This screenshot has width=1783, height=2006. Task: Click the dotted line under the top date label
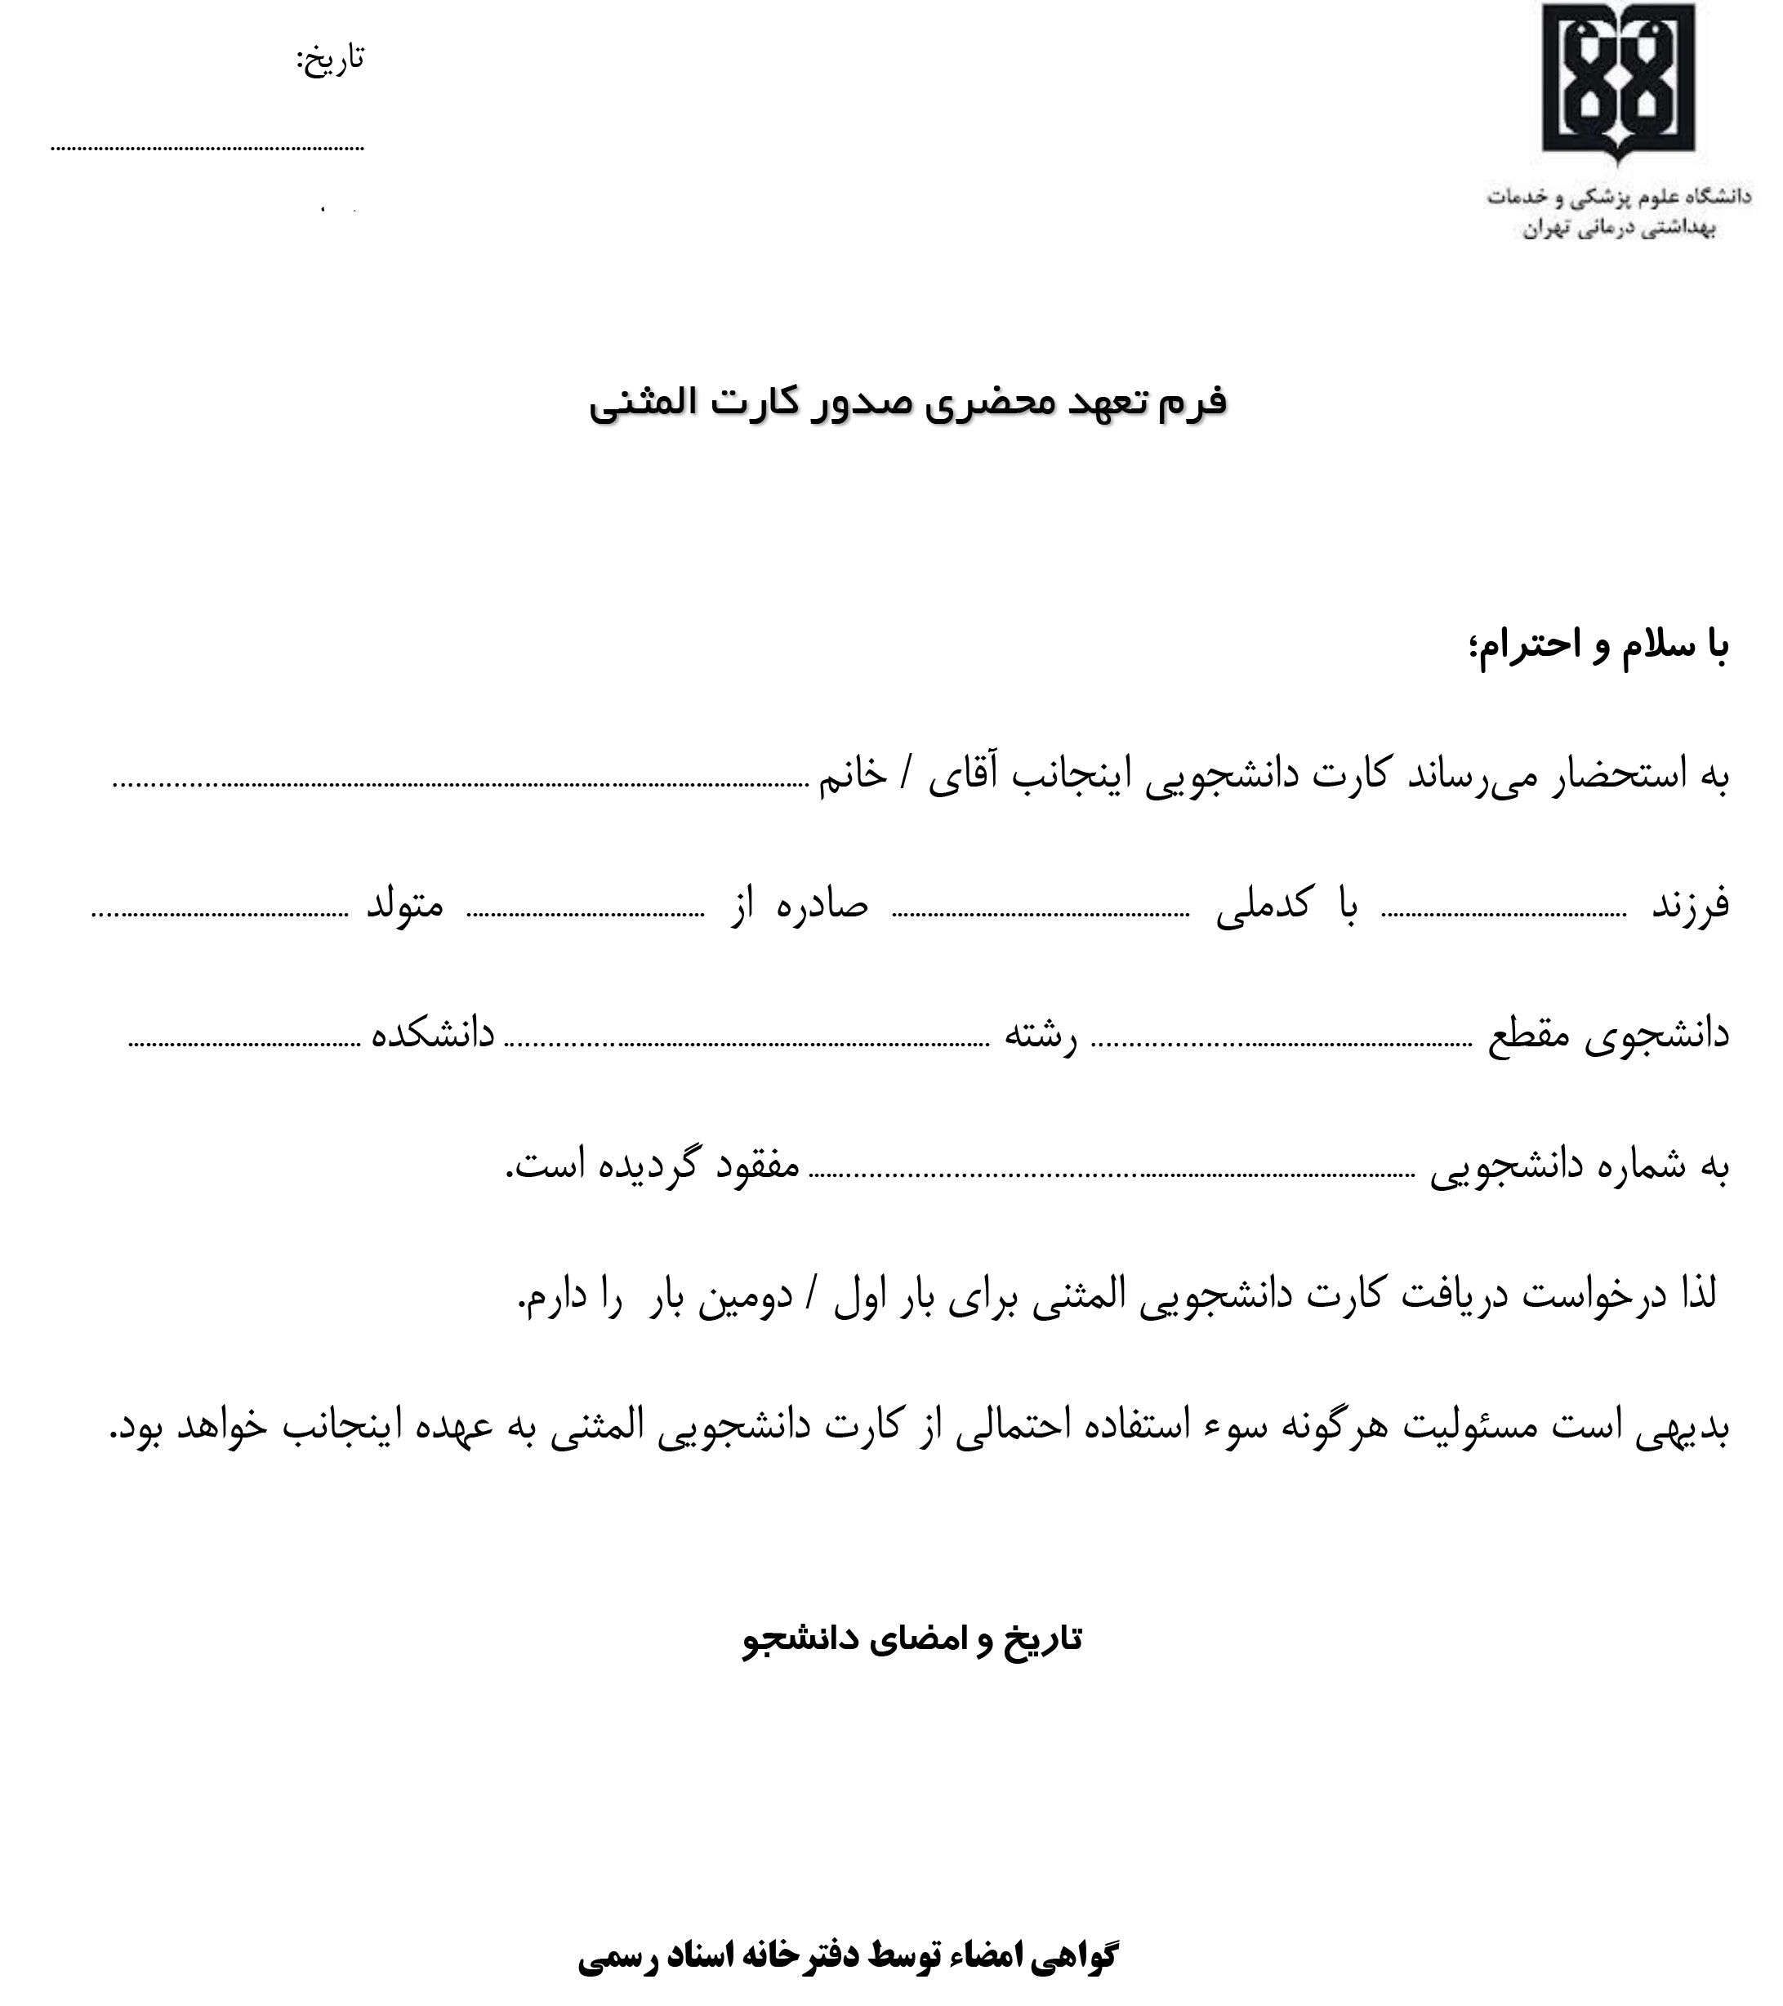point(207,148)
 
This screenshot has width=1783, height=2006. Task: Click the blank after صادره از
point(585,915)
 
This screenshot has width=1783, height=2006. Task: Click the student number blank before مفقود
point(1110,1175)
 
